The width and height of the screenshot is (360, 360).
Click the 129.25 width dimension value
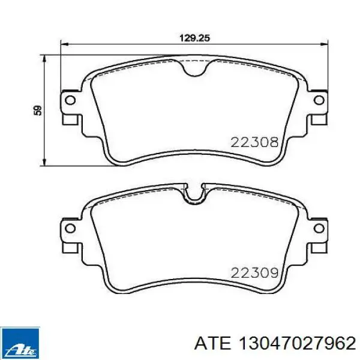coord(194,38)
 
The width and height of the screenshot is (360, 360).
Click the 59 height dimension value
coord(38,110)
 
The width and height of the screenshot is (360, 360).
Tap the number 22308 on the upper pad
coord(254,142)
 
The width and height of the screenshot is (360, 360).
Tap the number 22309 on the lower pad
coord(254,273)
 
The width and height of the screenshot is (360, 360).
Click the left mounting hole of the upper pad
coord(70,100)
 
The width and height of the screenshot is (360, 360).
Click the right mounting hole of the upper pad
coord(319,100)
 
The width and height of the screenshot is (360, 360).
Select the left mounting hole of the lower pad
coord(70,228)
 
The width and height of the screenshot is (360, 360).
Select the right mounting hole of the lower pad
coord(319,228)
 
